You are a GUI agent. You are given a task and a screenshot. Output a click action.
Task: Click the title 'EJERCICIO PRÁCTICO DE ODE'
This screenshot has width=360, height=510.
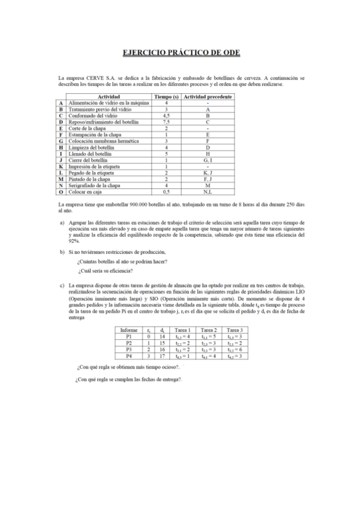181,53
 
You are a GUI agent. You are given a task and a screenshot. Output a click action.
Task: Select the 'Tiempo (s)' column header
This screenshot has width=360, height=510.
166,97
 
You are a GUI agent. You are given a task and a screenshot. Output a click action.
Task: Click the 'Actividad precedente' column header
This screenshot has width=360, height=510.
208,97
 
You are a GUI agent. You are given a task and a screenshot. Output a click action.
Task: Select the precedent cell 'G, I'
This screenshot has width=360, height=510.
207,160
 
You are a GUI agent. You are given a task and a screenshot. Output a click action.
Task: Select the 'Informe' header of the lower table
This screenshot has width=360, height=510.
129,330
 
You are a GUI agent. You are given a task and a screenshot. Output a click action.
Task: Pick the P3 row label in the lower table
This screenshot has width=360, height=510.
129,349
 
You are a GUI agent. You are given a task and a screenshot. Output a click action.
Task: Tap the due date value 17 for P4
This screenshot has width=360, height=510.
162,356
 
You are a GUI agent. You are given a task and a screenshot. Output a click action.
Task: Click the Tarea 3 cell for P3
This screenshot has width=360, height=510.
234,349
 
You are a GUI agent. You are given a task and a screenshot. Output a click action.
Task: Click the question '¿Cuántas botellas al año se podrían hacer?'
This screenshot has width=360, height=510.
122,260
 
